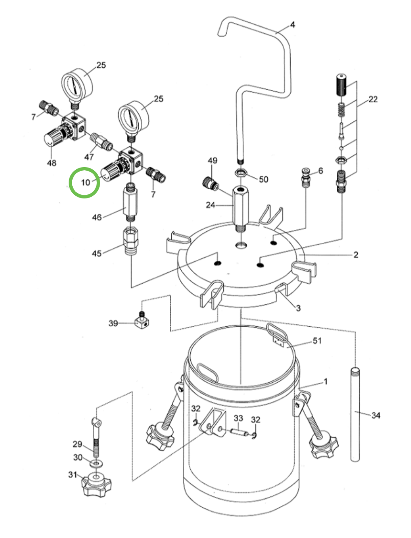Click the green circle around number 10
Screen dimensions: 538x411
[84, 182]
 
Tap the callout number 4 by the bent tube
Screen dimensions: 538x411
[292, 25]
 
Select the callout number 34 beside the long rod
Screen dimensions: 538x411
[376, 416]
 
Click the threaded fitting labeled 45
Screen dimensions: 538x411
[131, 241]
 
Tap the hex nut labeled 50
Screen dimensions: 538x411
[241, 173]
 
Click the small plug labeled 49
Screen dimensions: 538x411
[210, 182]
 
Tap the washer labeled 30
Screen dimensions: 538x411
[95, 462]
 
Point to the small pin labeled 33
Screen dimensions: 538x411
[240, 432]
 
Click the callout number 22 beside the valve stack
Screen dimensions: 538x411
[372, 99]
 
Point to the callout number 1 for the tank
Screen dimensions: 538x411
[325, 382]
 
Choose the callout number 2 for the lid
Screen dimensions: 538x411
[355, 255]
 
